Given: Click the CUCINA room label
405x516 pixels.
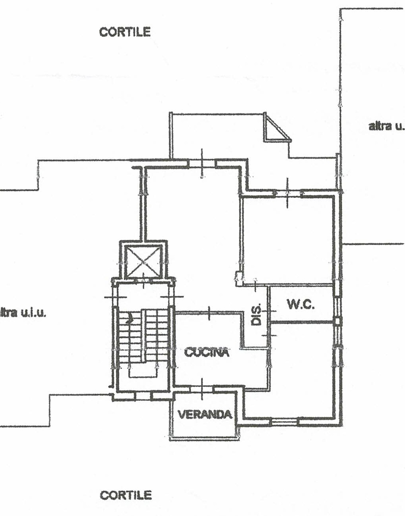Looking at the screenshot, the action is click(x=207, y=352).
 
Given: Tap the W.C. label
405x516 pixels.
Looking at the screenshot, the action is click(x=301, y=304).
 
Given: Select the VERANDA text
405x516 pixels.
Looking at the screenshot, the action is click(x=205, y=415).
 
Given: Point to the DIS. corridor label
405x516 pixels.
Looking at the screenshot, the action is click(x=257, y=314).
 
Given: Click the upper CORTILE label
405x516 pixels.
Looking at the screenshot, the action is click(x=125, y=32).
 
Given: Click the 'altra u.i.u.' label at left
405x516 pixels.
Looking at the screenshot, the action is click(x=23, y=313).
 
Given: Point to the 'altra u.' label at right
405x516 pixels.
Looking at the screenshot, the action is click(x=386, y=126).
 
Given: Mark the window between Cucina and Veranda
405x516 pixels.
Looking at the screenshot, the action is click(x=202, y=389).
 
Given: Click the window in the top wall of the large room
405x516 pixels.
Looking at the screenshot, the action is click(x=202, y=163).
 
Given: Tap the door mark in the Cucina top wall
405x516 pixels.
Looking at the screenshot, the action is click(x=209, y=313).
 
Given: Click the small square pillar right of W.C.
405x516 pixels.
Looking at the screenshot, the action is click(x=337, y=322).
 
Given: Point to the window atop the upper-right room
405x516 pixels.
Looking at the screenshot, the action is click(x=288, y=193).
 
